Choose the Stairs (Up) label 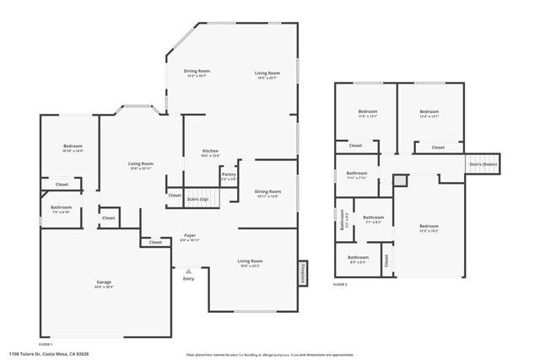pos(198,200)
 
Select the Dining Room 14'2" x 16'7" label pos(197,71)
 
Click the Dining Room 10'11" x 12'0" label pos(267,191)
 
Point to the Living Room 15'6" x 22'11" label pos(140,164)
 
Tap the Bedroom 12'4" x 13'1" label pos(429,111)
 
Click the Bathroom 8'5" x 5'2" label pos(359,257)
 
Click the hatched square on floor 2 pos(400,180)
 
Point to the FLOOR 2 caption pos(339,286)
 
